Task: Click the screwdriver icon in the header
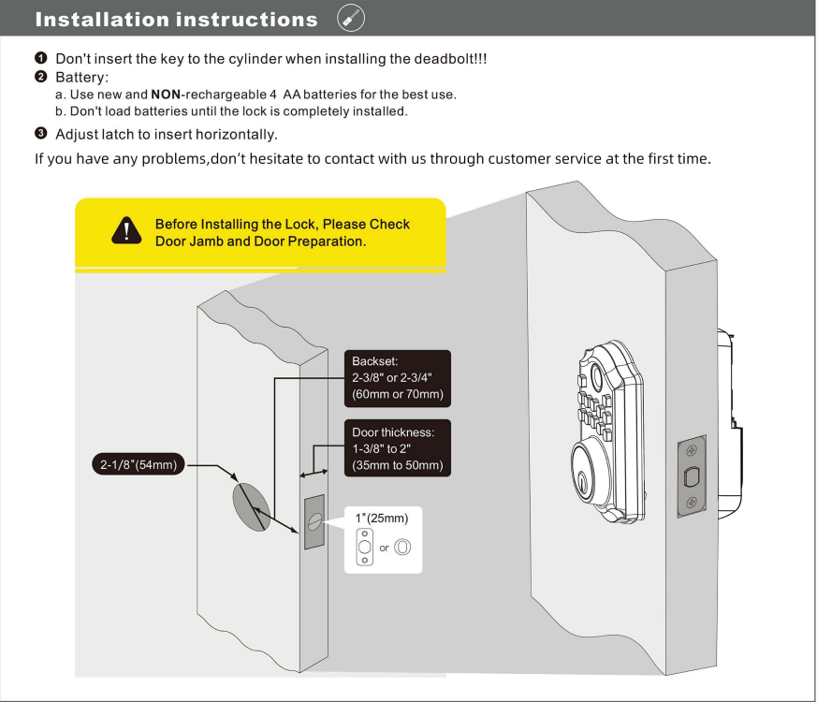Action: click(x=350, y=19)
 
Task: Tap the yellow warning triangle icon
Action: click(x=124, y=230)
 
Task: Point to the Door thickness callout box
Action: click(x=398, y=448)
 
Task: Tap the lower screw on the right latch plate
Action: click(x=691, y=503)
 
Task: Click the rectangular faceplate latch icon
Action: click(x=364, y=547)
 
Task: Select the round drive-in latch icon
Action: click(x=402, y=547)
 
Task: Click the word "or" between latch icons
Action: click(x=384, y=548)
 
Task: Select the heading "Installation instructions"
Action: click(x=176, y=20)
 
